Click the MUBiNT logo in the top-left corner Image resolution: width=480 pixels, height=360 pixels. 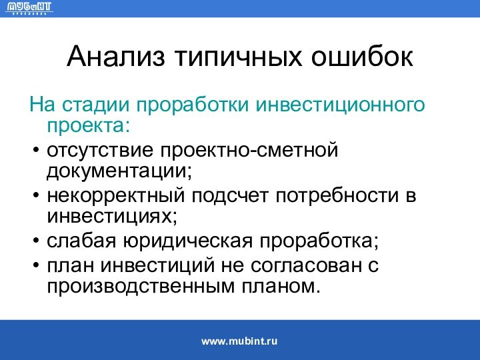click(x=29, y=9)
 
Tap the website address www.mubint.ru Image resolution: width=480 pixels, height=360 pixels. click(x=239, y=341)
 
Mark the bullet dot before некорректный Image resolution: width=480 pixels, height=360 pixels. click(x=35, y=197)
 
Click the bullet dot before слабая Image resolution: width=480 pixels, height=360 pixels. click(x=35, y=241)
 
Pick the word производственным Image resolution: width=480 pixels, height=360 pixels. click(x=137, y=287)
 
